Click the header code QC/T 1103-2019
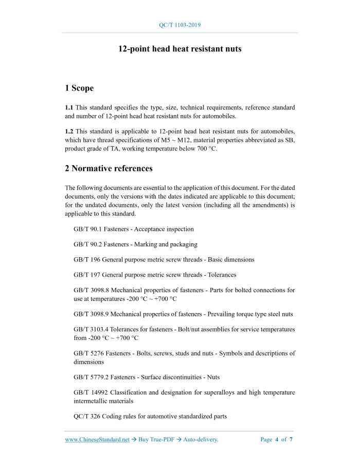click(x=180, y=25)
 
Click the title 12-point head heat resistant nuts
click(x=180, y=49)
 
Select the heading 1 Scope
click(x=79, y=88)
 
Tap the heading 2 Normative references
click(x=109, y=168)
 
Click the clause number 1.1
click(x=69, y=107)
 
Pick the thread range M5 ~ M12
click(x=212, y=140)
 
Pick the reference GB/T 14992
click(x=91, y=392)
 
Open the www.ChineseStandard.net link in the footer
click(x=97, y=440)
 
